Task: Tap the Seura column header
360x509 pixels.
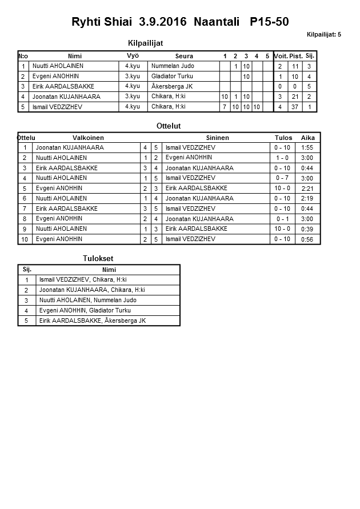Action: pyautogui.click(x=183, y=56)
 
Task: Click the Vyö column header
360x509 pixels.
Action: pyautogui.click(x=133, y=56)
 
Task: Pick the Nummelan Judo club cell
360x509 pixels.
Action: pyautogui.click(x=172, y=66)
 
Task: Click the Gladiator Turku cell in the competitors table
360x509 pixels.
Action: pyautogui.click(x=172, y=76)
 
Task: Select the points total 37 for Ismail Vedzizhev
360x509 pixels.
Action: pyautogui.click(x=295, y=107)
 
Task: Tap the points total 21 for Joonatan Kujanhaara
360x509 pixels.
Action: pyautogui.click(x=295, y=97)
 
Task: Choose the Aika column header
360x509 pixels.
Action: pyautogui.click(x=308, y=138)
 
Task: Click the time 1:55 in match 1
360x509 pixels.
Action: pyautogui.click(x=307, y=147)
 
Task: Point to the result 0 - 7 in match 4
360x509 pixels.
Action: pyautogui.click(x=282, y=178)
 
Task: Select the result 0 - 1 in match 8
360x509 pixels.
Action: pyautogui.click(x=282, y=219)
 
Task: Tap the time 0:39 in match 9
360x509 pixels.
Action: pyautogui.click(x=307, y=229)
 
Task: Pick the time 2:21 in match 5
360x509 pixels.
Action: pyautogui.click(x=307, y=189)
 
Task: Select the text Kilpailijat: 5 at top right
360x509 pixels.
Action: pyautogui.click(x=323, y=35)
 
